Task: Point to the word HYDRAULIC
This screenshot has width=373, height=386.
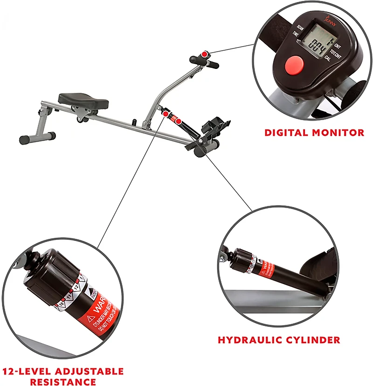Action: click(248, 340)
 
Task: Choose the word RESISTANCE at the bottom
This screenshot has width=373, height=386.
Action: click(63, 382)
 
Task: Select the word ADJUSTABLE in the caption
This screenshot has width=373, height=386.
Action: click(89, 372)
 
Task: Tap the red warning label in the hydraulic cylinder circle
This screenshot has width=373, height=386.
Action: click(265, 269)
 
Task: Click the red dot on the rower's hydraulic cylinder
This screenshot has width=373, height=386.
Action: click(178, 122)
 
